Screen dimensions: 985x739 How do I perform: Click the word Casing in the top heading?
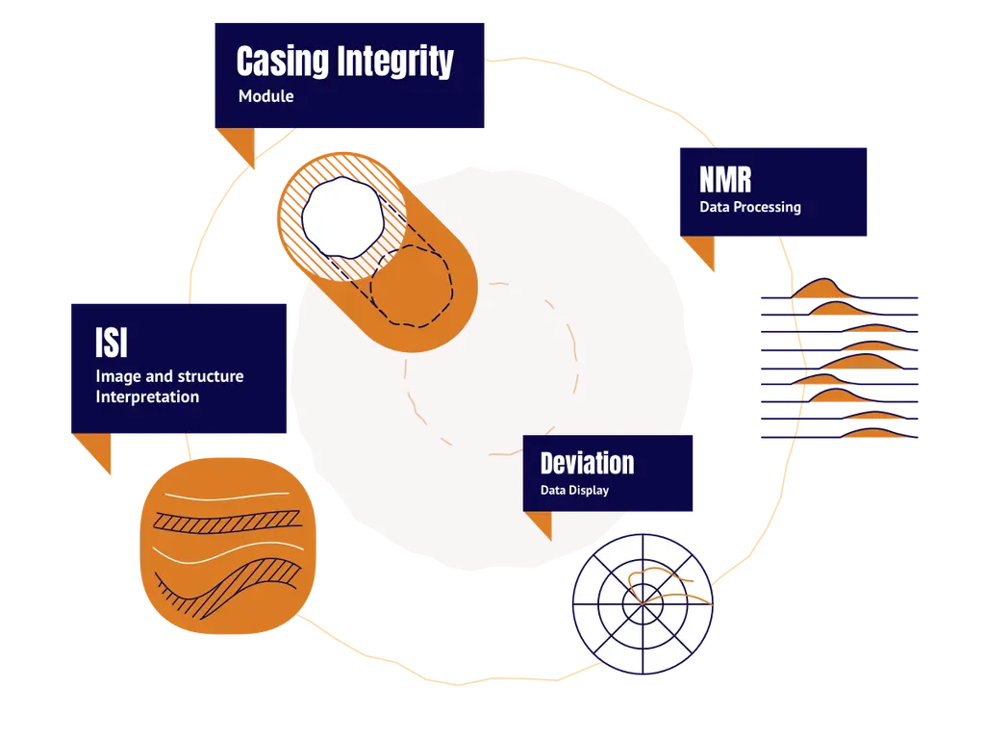point(283,61)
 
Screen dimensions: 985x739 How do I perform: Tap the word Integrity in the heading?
point(395,62)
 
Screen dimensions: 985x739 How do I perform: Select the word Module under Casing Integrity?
point(265,96)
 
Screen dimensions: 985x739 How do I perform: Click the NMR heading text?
point(725,180)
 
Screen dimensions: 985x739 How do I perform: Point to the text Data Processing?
point(750,207)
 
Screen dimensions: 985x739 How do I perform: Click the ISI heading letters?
point(112,343)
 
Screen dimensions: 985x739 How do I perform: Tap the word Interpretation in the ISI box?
point(147,396)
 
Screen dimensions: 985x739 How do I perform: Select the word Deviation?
point(588,463)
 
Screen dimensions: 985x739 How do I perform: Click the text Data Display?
point(574,490)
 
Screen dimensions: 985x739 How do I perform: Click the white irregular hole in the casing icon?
point(342,218)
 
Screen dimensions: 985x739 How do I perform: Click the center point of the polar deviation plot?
point(643,604)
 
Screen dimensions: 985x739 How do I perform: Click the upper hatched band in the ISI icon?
point(227,522)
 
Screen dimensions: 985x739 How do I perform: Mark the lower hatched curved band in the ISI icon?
point(234,584)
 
